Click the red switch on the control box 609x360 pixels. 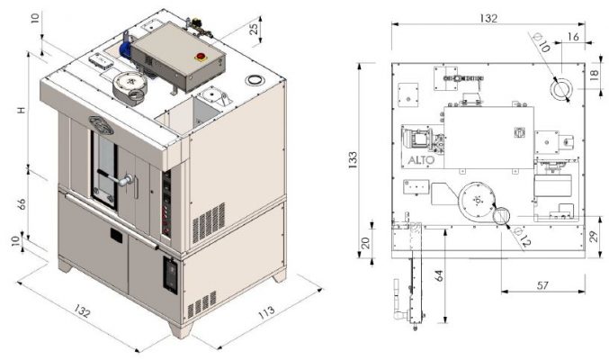pyautogui.click(x=201, y=57)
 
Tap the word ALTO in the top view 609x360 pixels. pyautogui.click(x=421, y=160)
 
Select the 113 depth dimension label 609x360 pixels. pyautogui.click(x=267, y=311)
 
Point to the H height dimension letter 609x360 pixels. pyautogui.click(x=22, y=110)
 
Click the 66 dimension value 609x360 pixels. pyautogui.click(x=22, y=204)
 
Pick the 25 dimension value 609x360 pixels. pyautogui.click(x=254, y=29)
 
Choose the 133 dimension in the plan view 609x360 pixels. pyautogui.click(x=353, y=160)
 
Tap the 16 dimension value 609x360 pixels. pyautogui.click(x=573, y=37)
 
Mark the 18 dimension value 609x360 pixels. pyautogui.click(x=595, y=75)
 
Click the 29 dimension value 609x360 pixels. pyautogui.click(x=593, y=237)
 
